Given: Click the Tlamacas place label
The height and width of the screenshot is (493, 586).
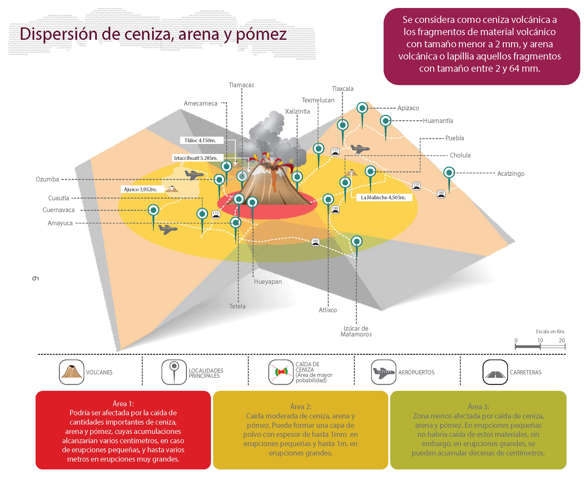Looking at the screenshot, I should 241,85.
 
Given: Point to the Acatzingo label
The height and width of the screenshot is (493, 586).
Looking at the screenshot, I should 510,173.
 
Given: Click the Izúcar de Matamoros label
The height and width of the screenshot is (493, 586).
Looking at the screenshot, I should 356,331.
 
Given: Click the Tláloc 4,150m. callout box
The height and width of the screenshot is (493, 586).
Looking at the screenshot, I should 200,140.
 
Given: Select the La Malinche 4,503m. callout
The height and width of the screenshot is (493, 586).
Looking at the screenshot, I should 383,197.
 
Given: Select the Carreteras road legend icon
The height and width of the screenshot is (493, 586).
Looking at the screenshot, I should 495,372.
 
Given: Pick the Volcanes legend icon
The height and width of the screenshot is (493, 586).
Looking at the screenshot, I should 71,372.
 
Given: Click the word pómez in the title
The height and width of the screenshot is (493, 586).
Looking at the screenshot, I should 261,35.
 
